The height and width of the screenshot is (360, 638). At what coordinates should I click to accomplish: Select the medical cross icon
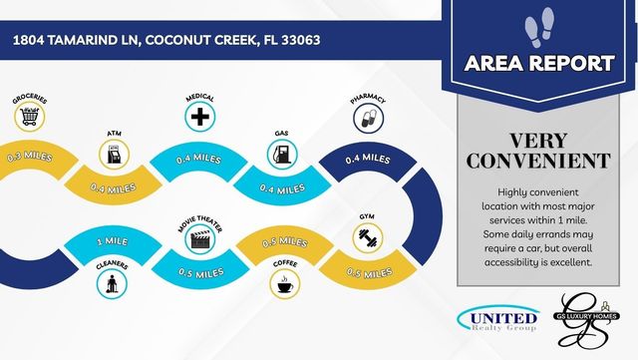(200, 118)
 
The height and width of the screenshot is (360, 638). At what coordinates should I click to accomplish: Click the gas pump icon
(282, 154)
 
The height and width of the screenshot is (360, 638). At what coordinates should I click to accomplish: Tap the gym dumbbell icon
(367, 237)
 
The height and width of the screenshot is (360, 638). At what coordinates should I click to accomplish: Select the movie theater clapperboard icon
(199, 237)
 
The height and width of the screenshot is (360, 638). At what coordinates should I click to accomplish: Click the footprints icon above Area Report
(539, 25)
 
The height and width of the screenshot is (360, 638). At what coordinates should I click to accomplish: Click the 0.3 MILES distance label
(28, 156)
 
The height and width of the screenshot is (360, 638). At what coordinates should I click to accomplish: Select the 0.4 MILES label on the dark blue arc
(367, 159)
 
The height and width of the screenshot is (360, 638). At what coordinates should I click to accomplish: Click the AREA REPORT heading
(539, 64)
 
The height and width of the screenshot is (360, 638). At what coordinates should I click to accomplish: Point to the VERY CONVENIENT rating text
(539, 149)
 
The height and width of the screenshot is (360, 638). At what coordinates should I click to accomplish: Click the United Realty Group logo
(499, 319)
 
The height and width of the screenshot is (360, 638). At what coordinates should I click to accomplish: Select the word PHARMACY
(367, 99)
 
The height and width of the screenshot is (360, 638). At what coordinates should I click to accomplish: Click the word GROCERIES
(30, 100)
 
